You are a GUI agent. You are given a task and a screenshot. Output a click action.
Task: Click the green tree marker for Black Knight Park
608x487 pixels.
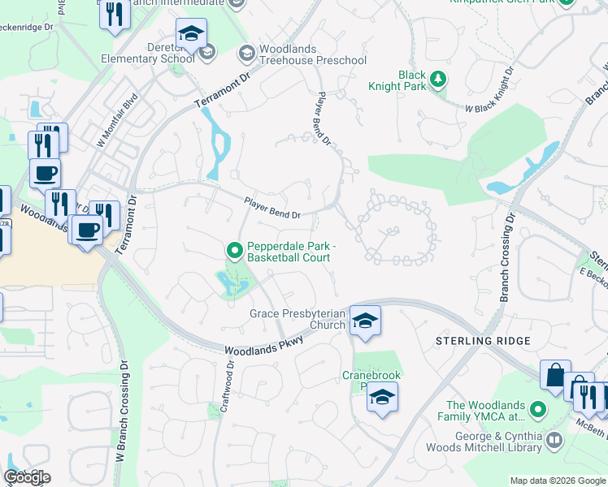click(x=438, y=79)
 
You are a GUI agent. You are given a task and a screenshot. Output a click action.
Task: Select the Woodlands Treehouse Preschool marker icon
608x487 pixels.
click(x=246, y=54)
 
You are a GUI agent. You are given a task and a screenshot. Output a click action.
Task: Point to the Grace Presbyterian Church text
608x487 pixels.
click(x=297, y=319)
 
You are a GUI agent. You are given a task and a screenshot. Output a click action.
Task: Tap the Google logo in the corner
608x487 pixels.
click(x=28, y=477)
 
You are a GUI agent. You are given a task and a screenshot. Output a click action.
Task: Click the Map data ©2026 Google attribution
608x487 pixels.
click(x=557, y=481)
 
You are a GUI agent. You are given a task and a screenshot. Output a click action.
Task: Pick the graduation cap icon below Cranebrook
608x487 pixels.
click(x=382, y=397)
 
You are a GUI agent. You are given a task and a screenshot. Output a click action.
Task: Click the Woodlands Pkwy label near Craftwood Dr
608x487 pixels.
click(x=263, y=345)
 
